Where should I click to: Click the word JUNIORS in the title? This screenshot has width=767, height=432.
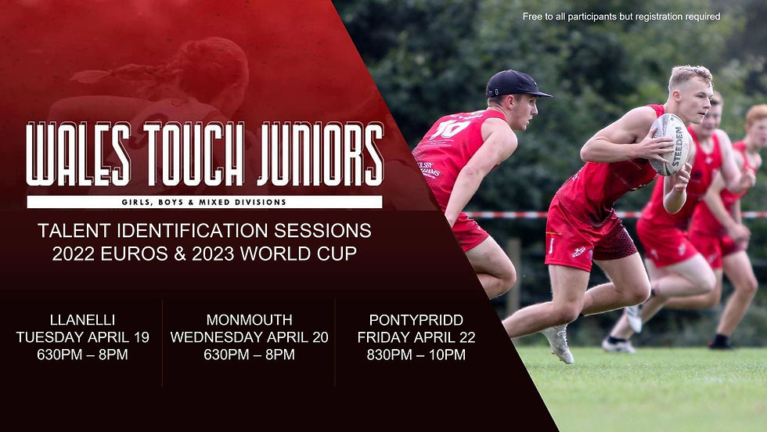pyautogui.click(x=321, y=154)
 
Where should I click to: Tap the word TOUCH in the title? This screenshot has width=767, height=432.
pyautogui.click(x=193, y=154)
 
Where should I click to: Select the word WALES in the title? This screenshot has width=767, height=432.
pyautogui.click(x=78, y=154)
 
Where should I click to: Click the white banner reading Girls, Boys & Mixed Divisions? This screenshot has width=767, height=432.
pyautogui.click(x=204, y=202)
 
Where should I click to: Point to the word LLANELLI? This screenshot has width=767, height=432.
pyautogui.click(x=83, y=320)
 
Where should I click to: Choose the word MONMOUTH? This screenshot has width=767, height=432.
pyautogui.click(x=250, y=320)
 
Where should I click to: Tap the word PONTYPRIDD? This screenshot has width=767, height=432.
pyautogui.click(x=416, y=320)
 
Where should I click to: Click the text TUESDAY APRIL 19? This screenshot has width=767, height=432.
pyautogui.click(x=83, y=337)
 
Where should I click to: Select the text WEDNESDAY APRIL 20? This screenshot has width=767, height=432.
pyautogui.click(x=250, y=337)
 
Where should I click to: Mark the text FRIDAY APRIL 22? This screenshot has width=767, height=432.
pyautogui.click(x=416, y=337)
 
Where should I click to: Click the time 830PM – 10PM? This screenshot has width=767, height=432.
pyautogui.click(x=416, y=355)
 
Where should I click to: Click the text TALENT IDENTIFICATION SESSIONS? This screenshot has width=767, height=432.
pyautogui.click(x=204, y=230)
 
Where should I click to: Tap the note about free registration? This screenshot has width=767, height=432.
pyautogui.click(x=621, y=16)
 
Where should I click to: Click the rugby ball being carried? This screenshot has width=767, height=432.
pyautogui.click(x=670, y=144)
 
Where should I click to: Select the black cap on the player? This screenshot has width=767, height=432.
pyautogui.click(x=515, y=84)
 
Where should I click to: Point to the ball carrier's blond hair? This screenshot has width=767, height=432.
pyautogui.click(x=690, y=76)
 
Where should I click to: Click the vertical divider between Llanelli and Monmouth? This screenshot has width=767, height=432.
pyautogui.click(x=163, y=344)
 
